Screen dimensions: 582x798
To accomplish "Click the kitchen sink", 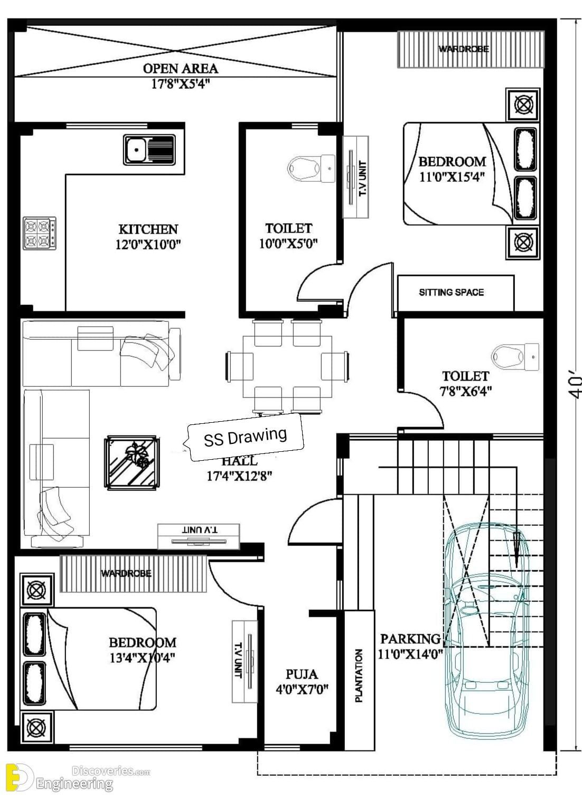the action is click(149, 150).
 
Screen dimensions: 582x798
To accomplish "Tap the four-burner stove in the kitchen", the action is click(40, 234).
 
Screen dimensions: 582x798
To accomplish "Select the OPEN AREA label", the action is click(181, 68).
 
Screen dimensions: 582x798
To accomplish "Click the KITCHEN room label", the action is click(148, 229).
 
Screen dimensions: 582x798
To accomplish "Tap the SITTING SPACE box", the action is click(456, 293).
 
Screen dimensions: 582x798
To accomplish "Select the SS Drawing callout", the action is click(245, 437).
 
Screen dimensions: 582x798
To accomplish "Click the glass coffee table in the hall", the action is click(132, 462).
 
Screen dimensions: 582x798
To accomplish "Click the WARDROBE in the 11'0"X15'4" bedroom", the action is click(471, 49).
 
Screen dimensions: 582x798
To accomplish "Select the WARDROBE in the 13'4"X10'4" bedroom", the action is click(133, 573).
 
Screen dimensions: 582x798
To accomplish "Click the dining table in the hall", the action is click(287, 367).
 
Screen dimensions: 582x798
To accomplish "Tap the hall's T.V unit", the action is click(199, 536).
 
